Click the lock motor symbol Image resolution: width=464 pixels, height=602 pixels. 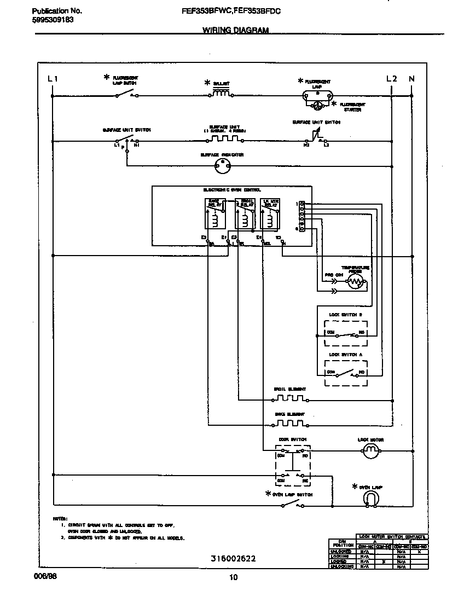[371, 450]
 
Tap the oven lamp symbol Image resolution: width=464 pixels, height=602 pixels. [371, 498]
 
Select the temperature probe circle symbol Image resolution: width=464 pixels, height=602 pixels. [356, 282]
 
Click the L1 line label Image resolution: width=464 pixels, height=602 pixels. [53, 79]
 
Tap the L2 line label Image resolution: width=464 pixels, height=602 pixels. [391, 79]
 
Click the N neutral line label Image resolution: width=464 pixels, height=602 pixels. [411, 79]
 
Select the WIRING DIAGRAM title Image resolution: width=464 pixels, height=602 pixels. [235, 31]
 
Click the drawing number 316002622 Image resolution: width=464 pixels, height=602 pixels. [233, 559]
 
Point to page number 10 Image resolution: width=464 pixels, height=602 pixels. [234, 577]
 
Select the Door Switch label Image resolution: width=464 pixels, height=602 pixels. [292, 439]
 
